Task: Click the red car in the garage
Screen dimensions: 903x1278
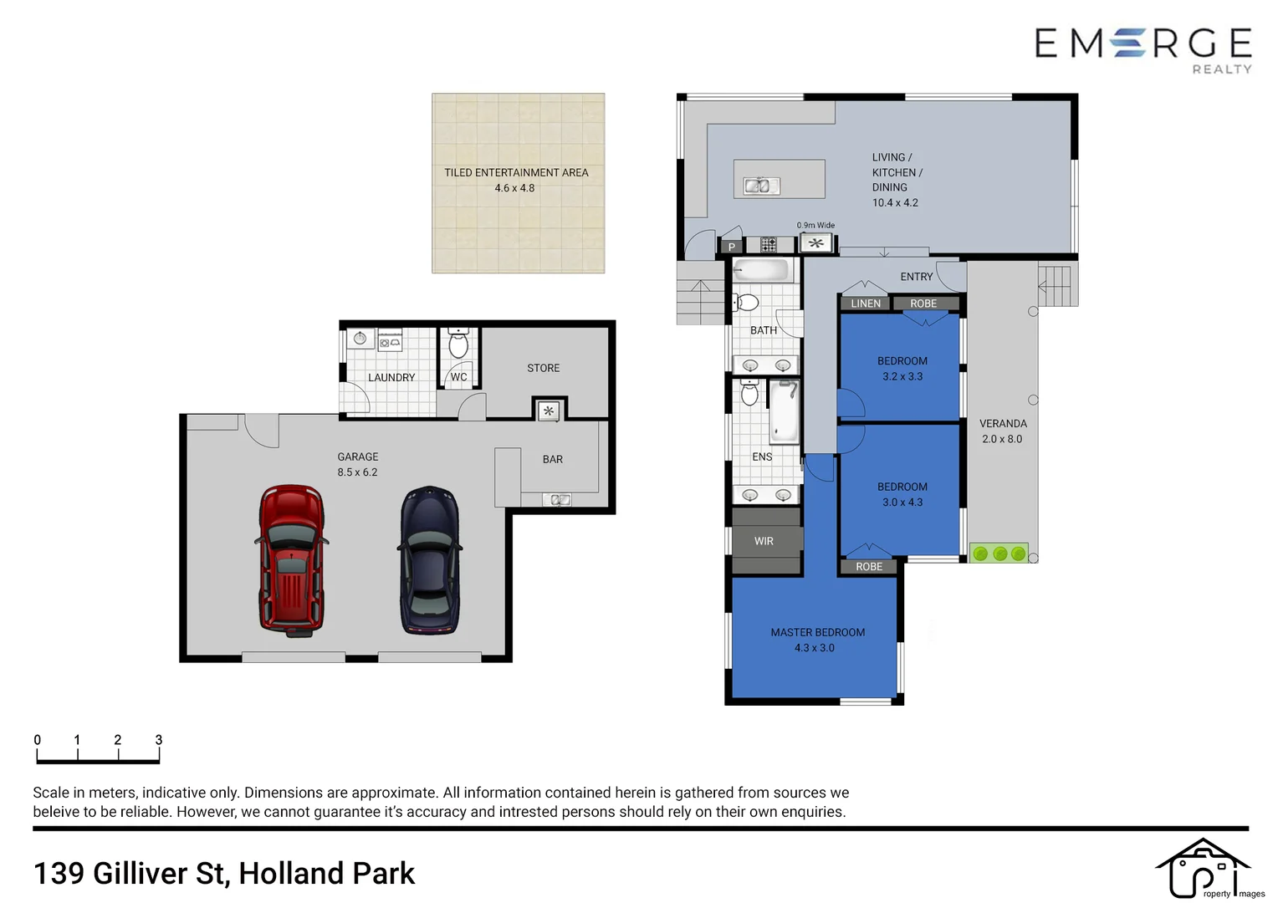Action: (x=290, y=561)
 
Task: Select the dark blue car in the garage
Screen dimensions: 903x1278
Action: (x=429, y=561)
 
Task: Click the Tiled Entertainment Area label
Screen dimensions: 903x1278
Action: (x=516, y=173)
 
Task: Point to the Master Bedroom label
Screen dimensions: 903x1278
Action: (x=817, y=633)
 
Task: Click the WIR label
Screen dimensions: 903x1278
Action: (x=764, y=542)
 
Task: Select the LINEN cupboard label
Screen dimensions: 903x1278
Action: (x=866, y=304)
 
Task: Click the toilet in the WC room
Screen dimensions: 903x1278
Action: (x=458, y=344)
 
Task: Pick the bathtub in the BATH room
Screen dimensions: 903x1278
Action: (x=761, y=270)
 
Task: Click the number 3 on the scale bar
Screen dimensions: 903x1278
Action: (x=159, y=740)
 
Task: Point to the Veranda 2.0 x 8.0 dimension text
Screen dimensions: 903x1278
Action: (x=1002, y=439)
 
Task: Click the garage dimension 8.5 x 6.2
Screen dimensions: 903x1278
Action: (x=357, y=472)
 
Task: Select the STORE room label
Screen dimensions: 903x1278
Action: (x=543, y=368)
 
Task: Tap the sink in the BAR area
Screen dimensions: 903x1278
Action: (x=559, y=500)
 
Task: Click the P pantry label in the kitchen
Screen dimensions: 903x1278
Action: (x=732, y=247)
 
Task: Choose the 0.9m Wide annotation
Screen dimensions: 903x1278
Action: (x=815, y=226)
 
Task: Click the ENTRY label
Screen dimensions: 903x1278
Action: (x=916, y=277)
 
